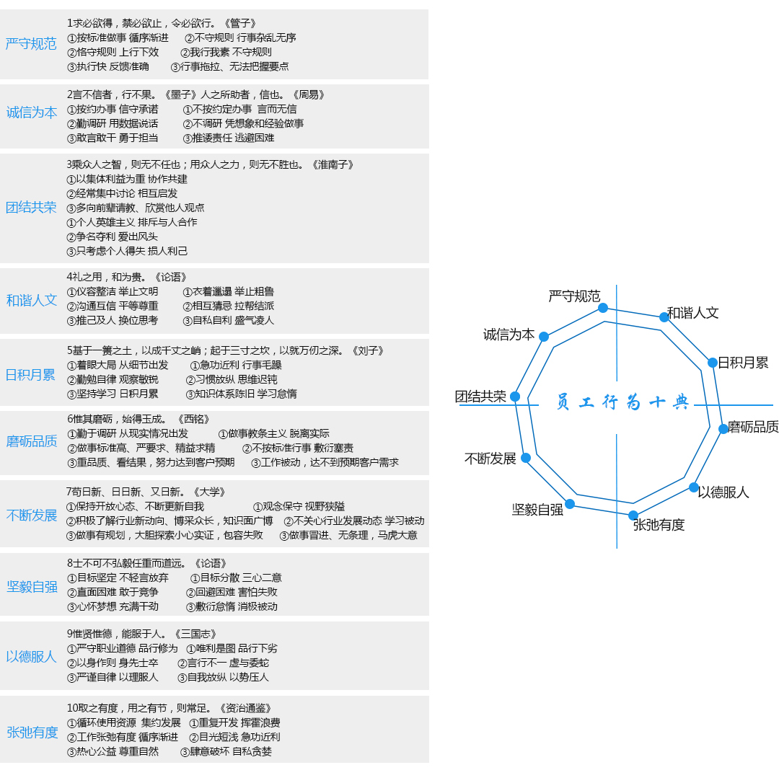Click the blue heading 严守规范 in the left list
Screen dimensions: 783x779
(30, 44)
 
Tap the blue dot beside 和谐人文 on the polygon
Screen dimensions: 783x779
(664, 317)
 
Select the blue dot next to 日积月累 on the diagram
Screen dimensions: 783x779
(713, 363)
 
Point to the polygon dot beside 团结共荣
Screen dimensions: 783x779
(515, 397)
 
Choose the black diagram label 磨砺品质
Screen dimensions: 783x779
(753, 427)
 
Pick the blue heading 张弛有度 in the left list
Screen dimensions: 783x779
(32, 733)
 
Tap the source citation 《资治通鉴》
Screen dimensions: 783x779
(245, 709)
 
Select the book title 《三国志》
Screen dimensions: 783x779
(195, 634)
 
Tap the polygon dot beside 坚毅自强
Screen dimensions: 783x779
(570, 504)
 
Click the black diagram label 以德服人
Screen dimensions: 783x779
(723, 492)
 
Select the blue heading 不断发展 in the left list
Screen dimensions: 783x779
(32, 516)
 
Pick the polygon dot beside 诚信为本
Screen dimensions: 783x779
(544, 337)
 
